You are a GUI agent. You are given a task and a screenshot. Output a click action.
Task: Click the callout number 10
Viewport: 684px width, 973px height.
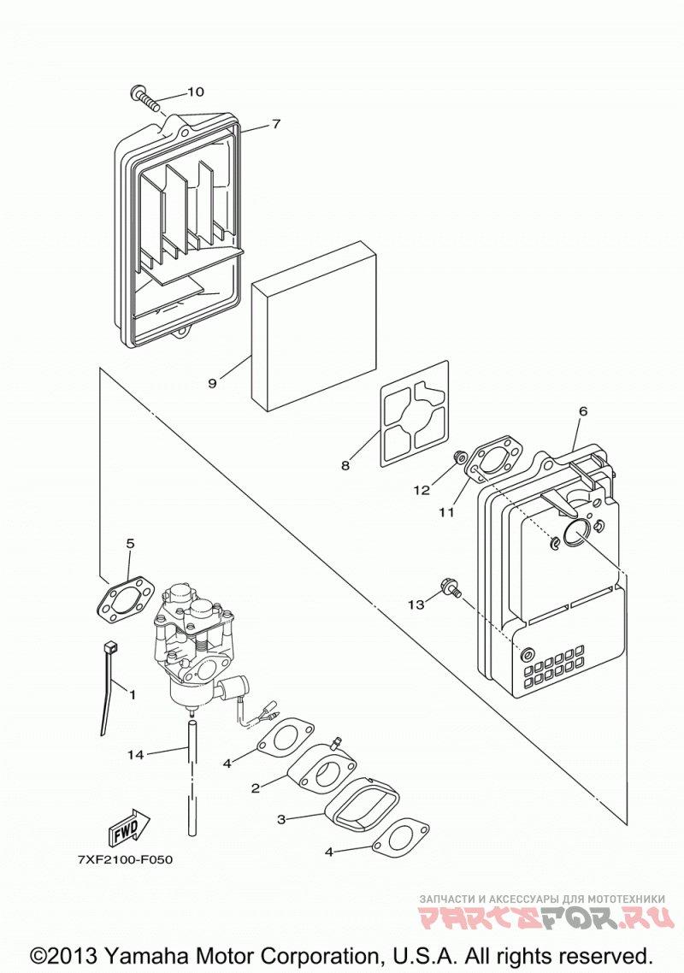[x=195, y=91]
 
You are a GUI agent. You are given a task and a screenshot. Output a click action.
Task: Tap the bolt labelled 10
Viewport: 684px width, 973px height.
[x=146, y=99]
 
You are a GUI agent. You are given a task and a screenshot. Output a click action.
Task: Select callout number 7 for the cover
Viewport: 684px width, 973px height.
[x=276, y=123]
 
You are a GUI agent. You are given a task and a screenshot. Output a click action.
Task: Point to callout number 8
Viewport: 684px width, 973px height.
[x=345, y=465]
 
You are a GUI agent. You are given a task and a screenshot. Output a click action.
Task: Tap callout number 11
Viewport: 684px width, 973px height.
[x=447, y=512]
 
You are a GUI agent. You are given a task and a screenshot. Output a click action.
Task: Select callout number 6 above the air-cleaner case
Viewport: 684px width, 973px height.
[x=582, y=410]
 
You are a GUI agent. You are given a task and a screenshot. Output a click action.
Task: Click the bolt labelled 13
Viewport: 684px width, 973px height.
[x=451, y=587]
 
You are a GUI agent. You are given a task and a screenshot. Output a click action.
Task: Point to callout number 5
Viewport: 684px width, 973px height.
[x=130, y=544]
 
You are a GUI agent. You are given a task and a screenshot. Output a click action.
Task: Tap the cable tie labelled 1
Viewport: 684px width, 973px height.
[x=108, y=687]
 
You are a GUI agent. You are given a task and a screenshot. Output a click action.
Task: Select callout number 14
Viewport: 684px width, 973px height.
[x=135, y=755]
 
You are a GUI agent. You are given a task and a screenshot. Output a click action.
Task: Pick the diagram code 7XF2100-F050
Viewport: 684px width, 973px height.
[x=125, y=860]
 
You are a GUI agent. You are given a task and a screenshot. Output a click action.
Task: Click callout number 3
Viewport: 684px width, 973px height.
[x=281, y=820]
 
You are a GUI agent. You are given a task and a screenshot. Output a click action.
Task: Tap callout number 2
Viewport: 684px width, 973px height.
[x=255, y=788]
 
